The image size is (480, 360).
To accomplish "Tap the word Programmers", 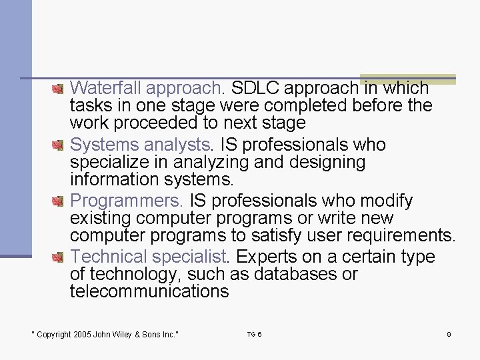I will tap(127, 201).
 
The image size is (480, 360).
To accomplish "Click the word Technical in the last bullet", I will tap(109, 257).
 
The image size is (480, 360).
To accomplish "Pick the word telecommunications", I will tap(149, 291).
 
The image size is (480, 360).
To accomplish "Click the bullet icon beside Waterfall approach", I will tap(59, 88).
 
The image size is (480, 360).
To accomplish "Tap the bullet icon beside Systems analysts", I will tap(59, 144).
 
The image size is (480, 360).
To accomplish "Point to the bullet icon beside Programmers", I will tap(59, 200).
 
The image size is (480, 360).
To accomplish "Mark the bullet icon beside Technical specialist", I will tap(59, 256).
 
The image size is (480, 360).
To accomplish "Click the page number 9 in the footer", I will tap(449, 334).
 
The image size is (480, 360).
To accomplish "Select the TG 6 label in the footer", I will tap(254, 334).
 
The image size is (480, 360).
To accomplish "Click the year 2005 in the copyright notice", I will tap(82, 335).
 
